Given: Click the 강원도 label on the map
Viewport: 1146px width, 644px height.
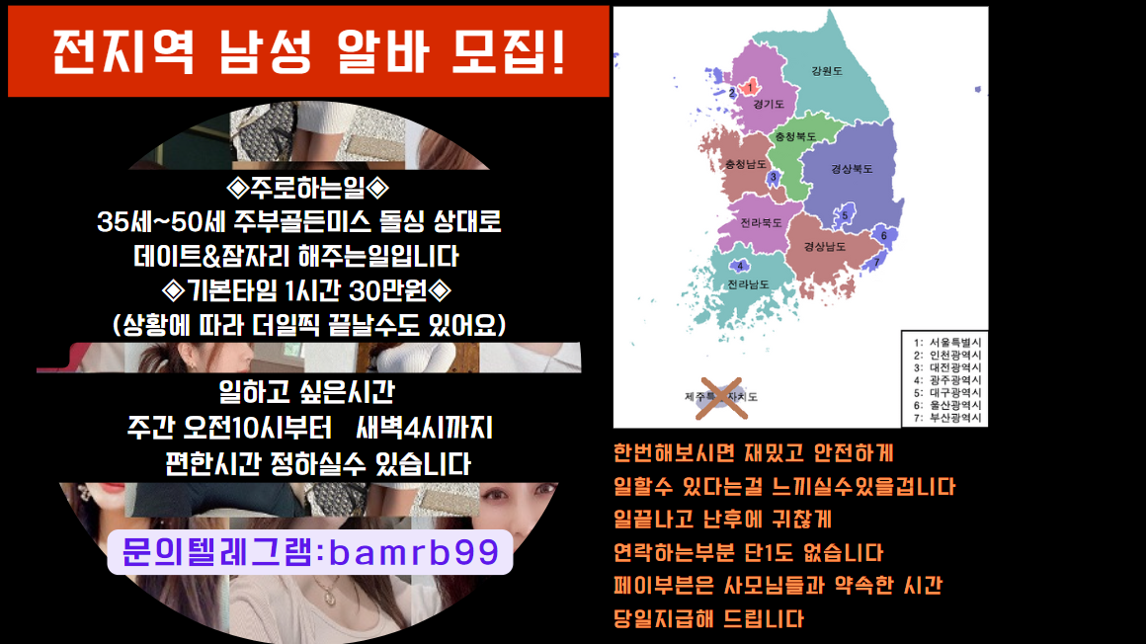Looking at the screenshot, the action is coord(827,71).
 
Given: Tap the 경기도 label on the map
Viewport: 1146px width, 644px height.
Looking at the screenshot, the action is coord(769,104).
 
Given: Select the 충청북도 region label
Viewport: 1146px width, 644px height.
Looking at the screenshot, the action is coord(795,136).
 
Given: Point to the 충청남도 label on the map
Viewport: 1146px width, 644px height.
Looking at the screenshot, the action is coord(746,164).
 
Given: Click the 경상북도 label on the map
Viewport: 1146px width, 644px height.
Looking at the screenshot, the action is coord(852,169).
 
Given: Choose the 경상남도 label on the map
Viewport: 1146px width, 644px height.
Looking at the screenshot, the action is coord(824,246).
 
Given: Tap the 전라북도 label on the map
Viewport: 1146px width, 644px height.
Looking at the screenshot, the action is coord(761,222).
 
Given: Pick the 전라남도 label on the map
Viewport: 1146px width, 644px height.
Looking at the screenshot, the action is coord(748,284).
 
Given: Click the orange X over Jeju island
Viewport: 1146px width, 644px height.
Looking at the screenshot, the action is coord(721,398).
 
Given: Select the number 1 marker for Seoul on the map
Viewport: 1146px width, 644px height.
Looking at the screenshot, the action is coord(750,88).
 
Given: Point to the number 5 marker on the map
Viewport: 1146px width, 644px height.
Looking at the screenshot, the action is coord(845,215).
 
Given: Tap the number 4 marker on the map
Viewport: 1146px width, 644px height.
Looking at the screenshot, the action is coord(740,266).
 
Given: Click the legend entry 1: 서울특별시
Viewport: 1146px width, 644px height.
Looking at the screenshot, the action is coord(947,342).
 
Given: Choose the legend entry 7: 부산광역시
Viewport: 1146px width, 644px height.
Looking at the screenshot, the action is coord(947,418).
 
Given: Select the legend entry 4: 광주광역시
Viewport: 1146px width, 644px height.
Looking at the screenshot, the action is coord(947,380).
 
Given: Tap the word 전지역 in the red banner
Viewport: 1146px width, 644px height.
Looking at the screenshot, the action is coord(123,52).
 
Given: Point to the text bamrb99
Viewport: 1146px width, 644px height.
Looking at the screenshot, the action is coord(414,552).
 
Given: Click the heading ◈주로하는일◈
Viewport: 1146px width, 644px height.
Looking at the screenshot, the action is coord(307,188).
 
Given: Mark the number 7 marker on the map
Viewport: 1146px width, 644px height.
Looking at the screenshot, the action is coord(877,262).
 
